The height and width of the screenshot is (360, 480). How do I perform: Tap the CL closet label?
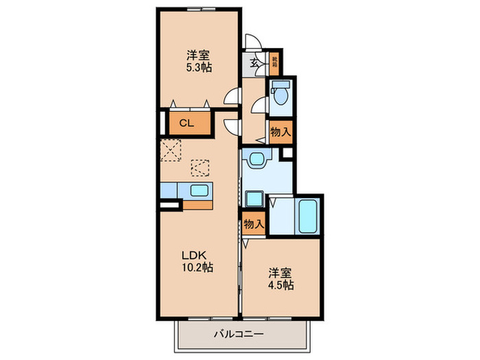tap(185, 124)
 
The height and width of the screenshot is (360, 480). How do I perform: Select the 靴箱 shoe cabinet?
tap(274, 62)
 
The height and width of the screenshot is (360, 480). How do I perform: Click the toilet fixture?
tap(280, 95)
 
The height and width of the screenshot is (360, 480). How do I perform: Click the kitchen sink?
tap(200, 191)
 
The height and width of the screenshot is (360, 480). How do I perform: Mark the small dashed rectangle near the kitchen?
tap(200, 168)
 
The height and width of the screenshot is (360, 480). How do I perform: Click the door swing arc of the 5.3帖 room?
tap(232, 98)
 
